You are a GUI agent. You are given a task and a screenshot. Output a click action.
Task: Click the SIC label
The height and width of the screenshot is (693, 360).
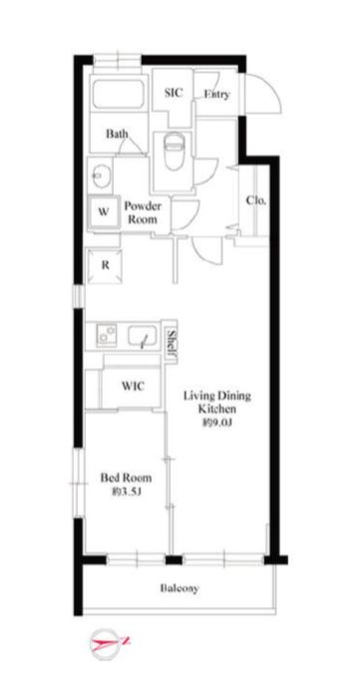coord(174,93)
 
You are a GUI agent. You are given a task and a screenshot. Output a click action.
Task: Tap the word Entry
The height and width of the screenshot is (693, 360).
coord(216,94)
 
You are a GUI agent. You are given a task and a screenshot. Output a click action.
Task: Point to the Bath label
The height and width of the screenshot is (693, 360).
coord(118,133)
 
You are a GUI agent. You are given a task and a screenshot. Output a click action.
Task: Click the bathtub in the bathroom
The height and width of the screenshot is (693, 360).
coord(119,94)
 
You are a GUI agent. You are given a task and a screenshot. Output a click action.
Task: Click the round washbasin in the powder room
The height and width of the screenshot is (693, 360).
coord(100,175)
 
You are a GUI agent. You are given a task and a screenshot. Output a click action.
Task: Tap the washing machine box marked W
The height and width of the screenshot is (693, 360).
coord(104,211)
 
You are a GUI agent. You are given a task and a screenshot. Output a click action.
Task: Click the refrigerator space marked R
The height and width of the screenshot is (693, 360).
coord(105,265)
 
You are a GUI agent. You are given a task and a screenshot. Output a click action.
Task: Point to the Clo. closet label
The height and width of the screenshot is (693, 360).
coord(256,200)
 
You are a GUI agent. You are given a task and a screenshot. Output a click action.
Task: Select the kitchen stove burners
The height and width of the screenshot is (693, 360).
coord(107,335)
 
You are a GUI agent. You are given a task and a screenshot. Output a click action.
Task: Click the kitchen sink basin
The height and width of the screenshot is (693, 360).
coord(142,337)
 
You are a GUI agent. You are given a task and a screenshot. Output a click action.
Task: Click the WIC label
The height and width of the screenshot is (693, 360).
coord(133,386)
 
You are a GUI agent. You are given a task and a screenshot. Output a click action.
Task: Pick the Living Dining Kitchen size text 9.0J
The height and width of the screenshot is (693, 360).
coord(217,423)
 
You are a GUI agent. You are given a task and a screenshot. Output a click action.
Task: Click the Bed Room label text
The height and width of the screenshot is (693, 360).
coord(126,478)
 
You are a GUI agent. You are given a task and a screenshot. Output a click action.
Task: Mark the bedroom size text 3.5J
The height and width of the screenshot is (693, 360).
coord(127,491)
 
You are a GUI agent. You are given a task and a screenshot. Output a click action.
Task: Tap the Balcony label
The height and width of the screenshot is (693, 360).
coord(180,588)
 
